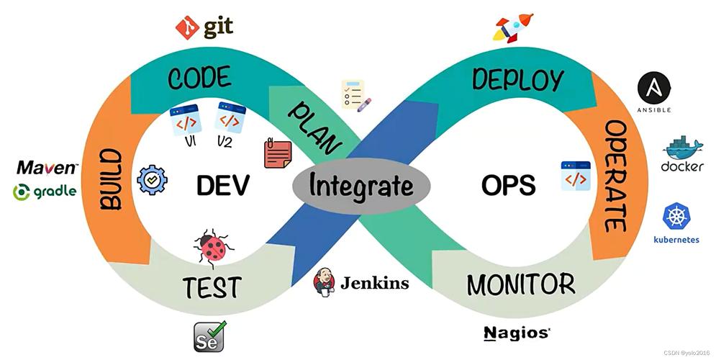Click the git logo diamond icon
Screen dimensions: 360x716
point(187,28)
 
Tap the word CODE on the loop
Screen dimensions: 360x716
point(199,78)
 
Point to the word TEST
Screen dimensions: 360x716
point(211,287)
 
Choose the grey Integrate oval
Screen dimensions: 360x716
point(361,186)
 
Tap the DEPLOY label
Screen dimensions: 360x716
point(517,79)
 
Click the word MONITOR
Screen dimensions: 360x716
point(521,284)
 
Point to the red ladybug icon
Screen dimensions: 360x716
point(213,247)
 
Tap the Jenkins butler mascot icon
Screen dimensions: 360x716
point(325,282)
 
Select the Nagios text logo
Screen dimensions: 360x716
point(517,333)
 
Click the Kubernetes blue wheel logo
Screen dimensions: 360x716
point(676,217)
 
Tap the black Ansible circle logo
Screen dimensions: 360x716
point(654,88)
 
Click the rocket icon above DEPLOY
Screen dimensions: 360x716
point(512,27)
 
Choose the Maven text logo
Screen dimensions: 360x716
point(47,168)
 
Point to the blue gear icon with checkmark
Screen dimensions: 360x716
point(152,179)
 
